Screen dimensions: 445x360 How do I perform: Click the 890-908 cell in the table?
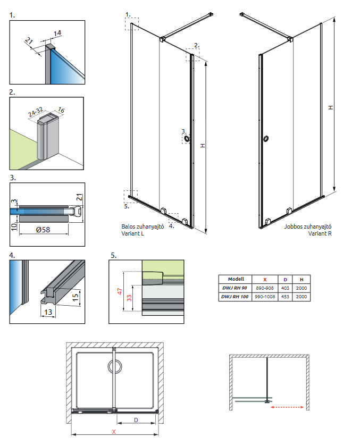tap(265, 288)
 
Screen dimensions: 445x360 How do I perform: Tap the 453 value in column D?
tap(285, 296)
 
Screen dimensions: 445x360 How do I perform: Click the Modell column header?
tap(236, 279)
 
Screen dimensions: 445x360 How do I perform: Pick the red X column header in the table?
tap(265, 279)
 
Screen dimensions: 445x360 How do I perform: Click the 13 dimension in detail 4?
tap(48, 313)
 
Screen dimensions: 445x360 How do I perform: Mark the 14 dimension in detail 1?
tap(57, 33)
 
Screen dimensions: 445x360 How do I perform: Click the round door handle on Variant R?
tap(265, 139)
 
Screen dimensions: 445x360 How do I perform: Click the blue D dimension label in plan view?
tap(136, 420)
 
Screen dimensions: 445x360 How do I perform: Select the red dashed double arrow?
tap(287, 408)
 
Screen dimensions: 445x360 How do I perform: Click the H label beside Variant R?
tap(331, 107)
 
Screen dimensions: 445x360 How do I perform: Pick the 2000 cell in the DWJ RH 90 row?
tap(302, 288)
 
